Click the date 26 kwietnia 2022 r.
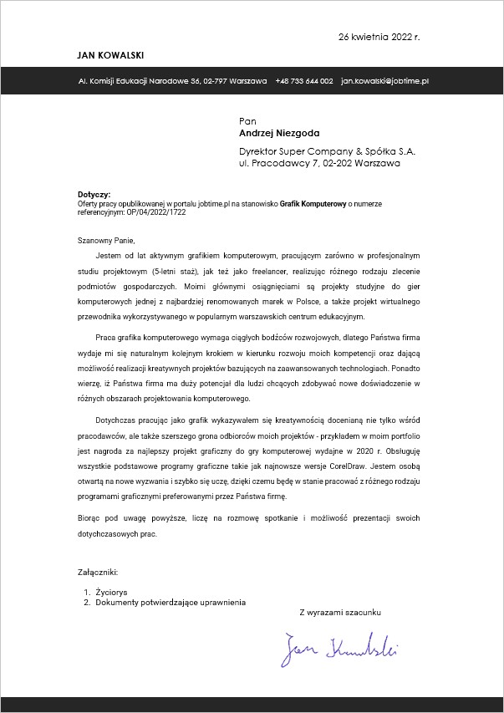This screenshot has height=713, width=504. tap(379, 38)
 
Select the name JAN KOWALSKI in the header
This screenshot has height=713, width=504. tap(110, 55)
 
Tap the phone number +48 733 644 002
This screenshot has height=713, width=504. tap(304, 81)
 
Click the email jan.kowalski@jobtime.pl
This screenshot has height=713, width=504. tap(385, 81)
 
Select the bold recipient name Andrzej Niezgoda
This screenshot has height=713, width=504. tap(279, 133)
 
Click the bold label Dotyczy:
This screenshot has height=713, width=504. tap(94, 194)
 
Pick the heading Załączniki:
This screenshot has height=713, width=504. tap(98, 573)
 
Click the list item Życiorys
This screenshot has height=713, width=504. tap(111, 592)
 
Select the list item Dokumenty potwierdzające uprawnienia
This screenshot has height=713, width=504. tap(171, 602)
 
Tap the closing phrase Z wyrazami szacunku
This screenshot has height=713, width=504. tap(340, 612)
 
